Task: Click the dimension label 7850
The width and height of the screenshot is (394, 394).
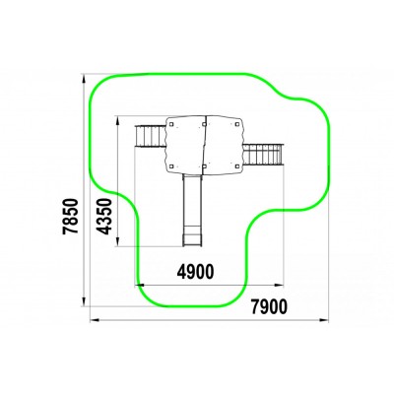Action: [x=71, y=216]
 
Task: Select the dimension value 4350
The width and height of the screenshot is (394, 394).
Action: [x=104, y=217]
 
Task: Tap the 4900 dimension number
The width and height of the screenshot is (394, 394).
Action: [x=195, y=272]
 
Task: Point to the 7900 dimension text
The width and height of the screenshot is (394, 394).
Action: [x=269, y=306]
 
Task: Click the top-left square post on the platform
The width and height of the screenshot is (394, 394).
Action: [x=171, y=124]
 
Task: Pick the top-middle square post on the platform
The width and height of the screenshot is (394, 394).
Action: [x=204, y=124]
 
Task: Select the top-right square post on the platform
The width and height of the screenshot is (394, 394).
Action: [x=236, y=124]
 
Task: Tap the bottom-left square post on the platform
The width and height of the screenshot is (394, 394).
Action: [x=171, y=166]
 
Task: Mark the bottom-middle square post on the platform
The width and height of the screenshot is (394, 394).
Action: [x=204, y=166]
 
